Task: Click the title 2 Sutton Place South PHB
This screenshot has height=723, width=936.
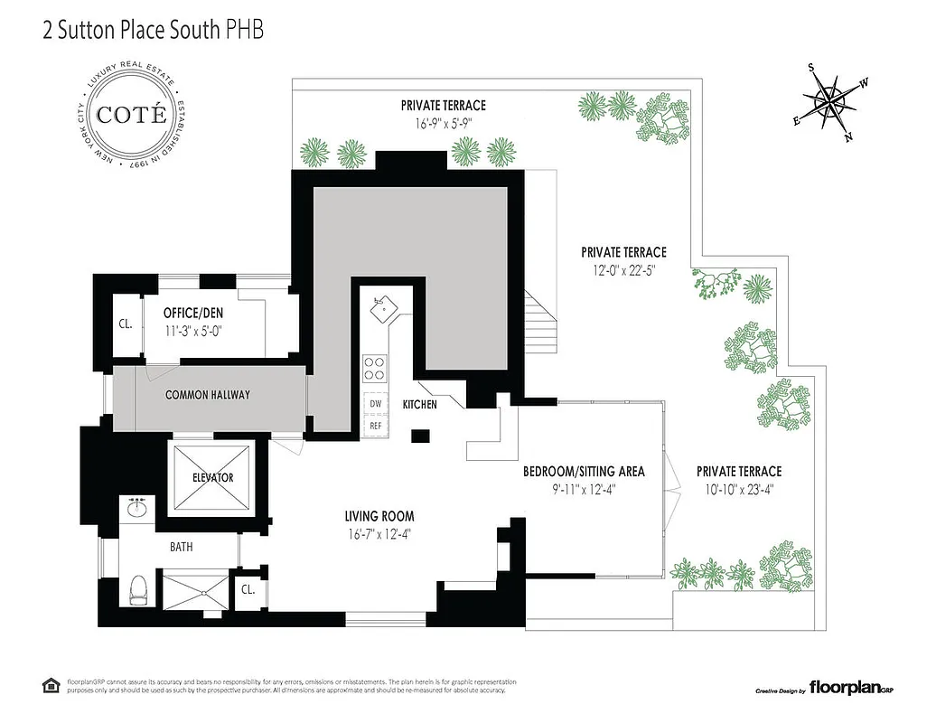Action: pyautogui.click(x=154, y=31)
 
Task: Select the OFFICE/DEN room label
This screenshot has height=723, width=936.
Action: pyautogui.click(x=192, y=313)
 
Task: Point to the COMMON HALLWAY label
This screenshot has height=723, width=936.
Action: pyautogui.click(x=207, y=395)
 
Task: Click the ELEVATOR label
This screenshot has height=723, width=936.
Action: pyautogui.click(x=212, y=477)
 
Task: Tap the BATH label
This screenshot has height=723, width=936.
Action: pyautogui.click(x=182, y=547)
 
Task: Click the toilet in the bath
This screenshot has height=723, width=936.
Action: pyautogui.click(x=137, y=590)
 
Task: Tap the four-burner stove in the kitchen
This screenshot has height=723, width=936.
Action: pyautogui.click(x=374, y=368)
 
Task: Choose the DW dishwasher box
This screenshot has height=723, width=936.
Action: pyautogui.click(x=374, y=404)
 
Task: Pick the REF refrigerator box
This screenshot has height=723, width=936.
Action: pyautogui.click(x=374, y=425)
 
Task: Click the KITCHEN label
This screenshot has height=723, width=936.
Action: pyautogui.click(x=419, y=404)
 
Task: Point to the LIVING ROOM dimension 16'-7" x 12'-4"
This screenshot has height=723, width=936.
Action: pyautogui.click(x=379, y=532)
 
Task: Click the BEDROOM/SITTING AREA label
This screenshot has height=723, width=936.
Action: pyautogui.click(x=584, y=472)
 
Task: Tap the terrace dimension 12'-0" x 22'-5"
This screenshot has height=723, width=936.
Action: pyautogui.click(x=623, y=269)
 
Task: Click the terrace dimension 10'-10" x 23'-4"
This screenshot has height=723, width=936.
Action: pyautogui.click(x=738, y=489)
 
